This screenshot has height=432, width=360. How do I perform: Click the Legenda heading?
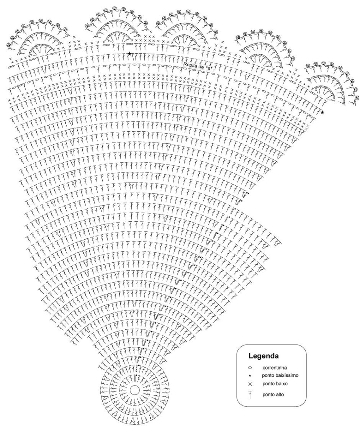tap(263, 356)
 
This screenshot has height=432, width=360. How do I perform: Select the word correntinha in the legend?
tap(275, 368)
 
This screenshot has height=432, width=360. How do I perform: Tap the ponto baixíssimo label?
tap(280, 375)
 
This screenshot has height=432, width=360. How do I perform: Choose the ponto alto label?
tap(273, 394)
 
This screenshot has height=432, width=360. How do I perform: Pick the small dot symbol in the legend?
tap(250, 375)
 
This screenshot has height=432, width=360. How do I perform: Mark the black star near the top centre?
tap(129, 54)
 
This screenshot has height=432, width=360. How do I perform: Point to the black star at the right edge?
tap(322, 113)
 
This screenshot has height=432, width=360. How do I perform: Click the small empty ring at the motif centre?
tap(134, 390)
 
